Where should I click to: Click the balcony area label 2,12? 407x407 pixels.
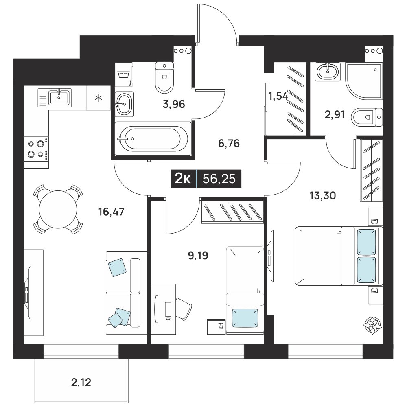81,382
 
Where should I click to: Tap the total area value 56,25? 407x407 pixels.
219,179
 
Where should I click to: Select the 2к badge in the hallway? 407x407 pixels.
183,179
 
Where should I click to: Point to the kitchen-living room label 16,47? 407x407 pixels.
112,212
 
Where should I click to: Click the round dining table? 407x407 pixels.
58,209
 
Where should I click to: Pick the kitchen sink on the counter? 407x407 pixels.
55,98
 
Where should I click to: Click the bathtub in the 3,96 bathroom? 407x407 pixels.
153,138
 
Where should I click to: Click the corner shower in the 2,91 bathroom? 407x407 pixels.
364,81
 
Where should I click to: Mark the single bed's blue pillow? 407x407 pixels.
245,317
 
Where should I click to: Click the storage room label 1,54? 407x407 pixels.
278,96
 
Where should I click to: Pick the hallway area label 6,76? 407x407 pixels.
229,143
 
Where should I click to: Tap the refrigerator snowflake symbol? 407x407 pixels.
98,98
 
